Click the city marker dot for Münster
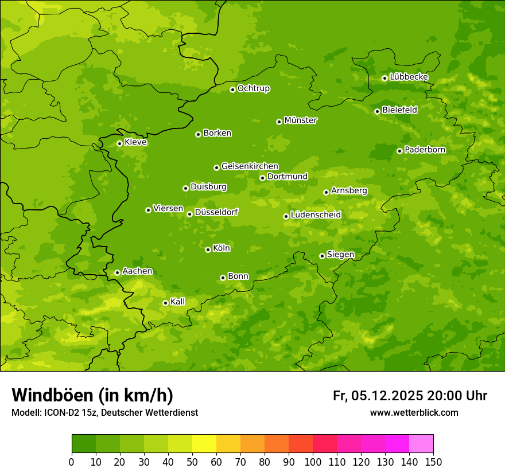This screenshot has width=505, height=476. click(x=279, y=122)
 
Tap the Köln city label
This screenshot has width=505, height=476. click(x=222, y=248)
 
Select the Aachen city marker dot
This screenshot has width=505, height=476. click(x=117, y=272)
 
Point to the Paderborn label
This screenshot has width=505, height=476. click(x=425, y=150)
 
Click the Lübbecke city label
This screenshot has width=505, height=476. click(x=409, y=77)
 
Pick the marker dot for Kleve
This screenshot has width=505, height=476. click(x=119, y=143)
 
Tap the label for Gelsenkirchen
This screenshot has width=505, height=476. click(x=250, y=166)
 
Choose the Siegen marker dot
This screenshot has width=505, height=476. click(x=322, y=256)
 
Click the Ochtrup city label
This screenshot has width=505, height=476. click(x=253, y=88)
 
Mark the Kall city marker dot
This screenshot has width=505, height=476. click(x=165, y=303)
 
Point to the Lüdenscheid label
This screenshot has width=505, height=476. click(x=316, y=215)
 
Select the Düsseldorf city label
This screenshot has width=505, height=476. click(x=216, y=212)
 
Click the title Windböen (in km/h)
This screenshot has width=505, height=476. click(x=92, y=395)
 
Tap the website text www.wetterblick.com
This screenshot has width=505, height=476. click(x=414, y=412)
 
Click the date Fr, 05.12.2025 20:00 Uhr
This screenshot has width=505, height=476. click(x=410, y=396)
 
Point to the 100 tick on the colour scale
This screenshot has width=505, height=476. click(x=313, y=462)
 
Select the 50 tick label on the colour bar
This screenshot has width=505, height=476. click(x=192, y=462)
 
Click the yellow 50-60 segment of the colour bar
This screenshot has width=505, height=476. click(x=204, y=444)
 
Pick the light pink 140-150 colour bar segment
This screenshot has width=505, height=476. click(x=421, y=444)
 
